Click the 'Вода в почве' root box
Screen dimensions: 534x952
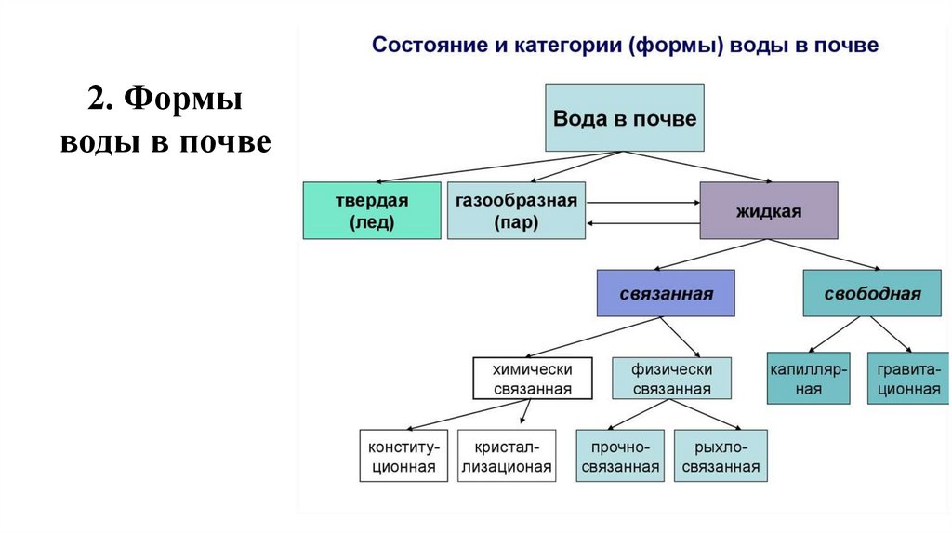coord(624,118)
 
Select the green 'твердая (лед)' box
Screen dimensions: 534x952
coord(372,211)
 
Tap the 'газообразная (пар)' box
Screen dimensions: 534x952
coord(516,211)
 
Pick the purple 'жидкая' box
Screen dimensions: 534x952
coord(768,211)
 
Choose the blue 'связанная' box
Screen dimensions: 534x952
coord(666,293)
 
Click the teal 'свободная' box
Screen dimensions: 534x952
coord(872,293)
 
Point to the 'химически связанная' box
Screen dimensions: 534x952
coord(532,379)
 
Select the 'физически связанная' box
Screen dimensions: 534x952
coord(671,379)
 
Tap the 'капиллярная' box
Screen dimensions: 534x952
coord(808,378)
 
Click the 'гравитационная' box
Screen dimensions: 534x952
coord(908,378)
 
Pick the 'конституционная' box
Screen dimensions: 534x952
coord(403,455)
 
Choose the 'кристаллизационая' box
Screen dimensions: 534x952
coord(507,455)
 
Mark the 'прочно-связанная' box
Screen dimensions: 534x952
coord(620,455)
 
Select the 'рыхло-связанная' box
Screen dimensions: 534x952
coord(721,455)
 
